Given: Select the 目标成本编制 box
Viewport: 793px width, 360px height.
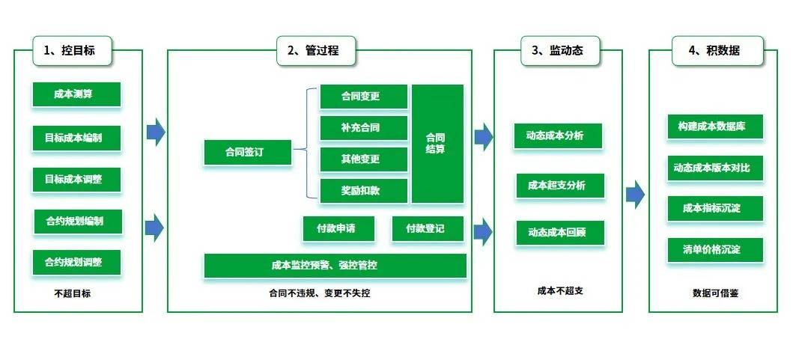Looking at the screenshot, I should (x=77, y=138).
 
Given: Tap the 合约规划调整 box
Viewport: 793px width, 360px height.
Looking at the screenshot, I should (x=77, y=263).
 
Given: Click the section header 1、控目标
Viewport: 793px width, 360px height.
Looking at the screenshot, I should (x=73, y=51).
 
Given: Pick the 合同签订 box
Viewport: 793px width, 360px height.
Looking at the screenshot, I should (x=248, y=153).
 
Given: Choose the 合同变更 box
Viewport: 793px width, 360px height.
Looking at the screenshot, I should (x=363, y=97).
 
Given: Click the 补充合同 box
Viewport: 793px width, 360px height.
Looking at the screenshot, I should (x=363, y=128).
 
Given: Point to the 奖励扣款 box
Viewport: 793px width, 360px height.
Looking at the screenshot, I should (x=363, y=191).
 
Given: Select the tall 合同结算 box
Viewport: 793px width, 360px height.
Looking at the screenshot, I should (x=437, y=144).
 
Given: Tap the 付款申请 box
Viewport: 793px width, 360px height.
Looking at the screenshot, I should (x=338, y=229).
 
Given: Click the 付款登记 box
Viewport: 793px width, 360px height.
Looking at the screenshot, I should (x=428, y=229).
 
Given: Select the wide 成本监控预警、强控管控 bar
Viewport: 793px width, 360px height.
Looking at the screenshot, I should (x=335, y=265).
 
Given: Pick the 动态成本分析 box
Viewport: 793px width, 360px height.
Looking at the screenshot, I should (x=559, y=136).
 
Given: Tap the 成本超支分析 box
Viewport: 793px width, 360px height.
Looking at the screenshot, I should (x=559, y=186).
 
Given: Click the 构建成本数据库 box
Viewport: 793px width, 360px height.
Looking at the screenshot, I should (x=714, y=126).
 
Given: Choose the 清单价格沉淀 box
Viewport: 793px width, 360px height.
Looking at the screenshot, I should (x=714, y=249).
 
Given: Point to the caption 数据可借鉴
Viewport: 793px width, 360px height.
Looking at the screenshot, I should (x=715, y=293).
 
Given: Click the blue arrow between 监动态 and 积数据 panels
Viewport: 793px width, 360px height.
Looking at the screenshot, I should (x=635, y=195).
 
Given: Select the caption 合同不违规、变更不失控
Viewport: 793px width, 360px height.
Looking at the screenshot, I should (x=319, y=293).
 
